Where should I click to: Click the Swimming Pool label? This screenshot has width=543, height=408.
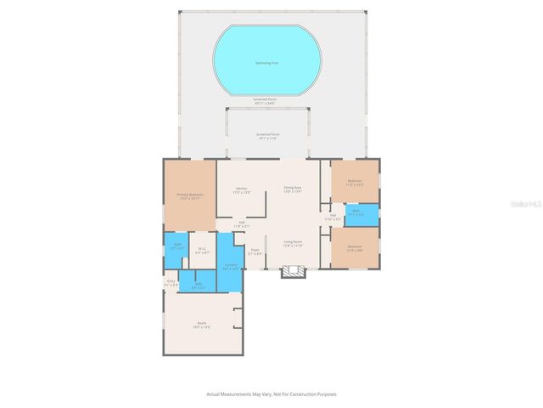(x=266, y=63)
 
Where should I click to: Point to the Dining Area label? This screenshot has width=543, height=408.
(x=293, y=190)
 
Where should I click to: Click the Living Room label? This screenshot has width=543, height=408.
(x=294, y=243)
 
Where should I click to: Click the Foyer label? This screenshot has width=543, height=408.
(x=255, y=251)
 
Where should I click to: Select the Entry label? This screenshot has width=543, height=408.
(x=171, y=282)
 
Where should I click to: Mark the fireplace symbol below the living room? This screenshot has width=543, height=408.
(x=294, y=272)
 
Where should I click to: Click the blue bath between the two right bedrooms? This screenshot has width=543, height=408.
(x=357, y=214)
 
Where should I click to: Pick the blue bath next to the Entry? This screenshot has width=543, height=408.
(x=199, y=285)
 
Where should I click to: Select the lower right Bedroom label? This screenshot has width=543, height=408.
(x=355, y=249)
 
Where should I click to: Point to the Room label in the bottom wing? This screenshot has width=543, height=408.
(x=202, y=325)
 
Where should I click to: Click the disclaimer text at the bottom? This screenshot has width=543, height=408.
(x=277, y=394)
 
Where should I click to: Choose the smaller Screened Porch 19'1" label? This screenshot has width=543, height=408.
(x=268, y=136)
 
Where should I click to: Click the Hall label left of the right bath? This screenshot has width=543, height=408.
(x=333, y=217)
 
